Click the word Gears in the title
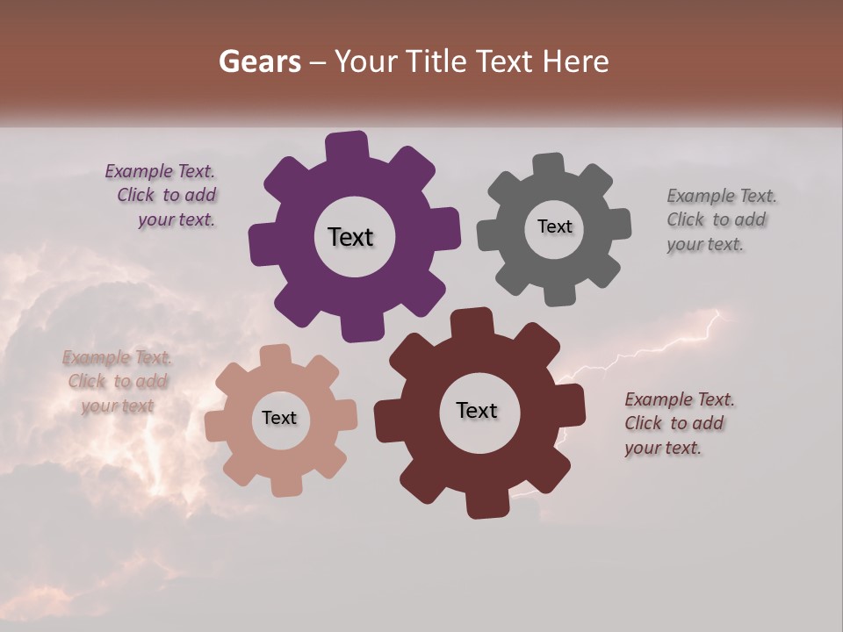[260, 61]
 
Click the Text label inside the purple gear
[350, 237]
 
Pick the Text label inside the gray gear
[554, 226]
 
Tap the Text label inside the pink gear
[279, 418]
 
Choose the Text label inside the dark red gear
[476, 410]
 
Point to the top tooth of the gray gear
[548, 165]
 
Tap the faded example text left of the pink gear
[117, 381]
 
